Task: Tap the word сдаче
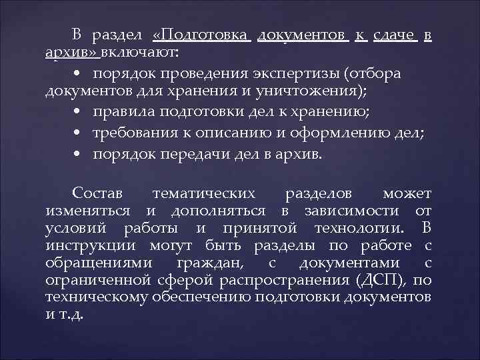[x=395, y=34]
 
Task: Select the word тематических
[x=204, y=194]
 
